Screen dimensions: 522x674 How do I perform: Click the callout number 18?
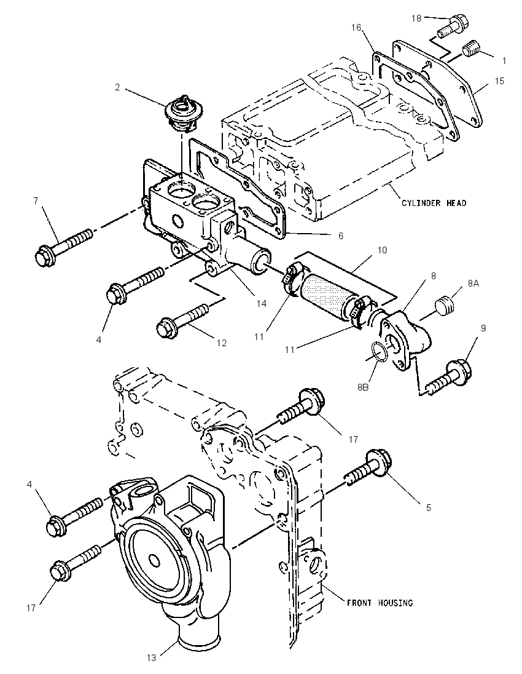[416, 18]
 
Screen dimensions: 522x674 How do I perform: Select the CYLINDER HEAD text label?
[434, 203]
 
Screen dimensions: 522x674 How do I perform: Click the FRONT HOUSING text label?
[380, 603]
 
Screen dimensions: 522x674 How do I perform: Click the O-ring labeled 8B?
[379, 351]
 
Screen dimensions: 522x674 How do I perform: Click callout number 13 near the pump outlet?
[152, 657]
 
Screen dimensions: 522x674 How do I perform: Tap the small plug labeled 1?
[472, 51]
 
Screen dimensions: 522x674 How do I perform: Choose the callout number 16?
[356, 28]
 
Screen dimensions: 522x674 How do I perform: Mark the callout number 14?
[262, 304]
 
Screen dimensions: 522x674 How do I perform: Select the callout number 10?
[381, 250]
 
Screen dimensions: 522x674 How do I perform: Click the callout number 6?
[340, 236]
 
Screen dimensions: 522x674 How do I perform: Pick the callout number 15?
[499, 81]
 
